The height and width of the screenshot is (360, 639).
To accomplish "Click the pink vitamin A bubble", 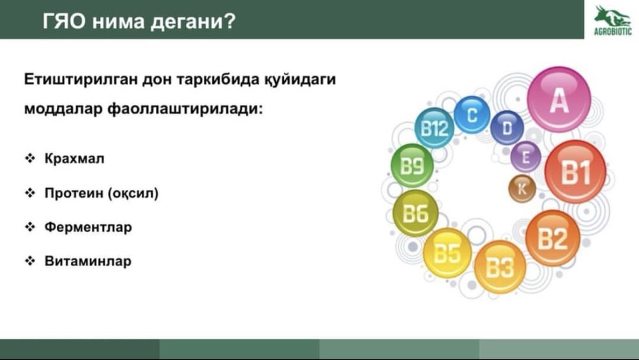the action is point(558,100).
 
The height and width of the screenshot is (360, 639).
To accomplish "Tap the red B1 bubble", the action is point(576,171).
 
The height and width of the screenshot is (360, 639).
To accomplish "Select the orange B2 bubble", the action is point(553,238).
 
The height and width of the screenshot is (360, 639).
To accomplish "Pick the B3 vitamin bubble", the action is point(500,267).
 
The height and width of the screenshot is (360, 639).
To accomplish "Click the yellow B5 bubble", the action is point(447,253).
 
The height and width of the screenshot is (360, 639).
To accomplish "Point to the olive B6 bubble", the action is point(416,213).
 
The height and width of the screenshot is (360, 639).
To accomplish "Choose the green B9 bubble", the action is point(412,166).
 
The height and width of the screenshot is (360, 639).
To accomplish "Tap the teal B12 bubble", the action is point(435,128).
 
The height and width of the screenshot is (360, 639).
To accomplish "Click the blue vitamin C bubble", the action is point(472,114).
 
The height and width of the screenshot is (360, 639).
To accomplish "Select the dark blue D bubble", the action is point(507,128).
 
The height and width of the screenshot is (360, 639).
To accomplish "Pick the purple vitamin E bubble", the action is point(526,157).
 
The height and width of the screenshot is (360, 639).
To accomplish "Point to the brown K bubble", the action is point(522,189).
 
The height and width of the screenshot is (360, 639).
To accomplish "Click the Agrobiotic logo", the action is point(613,20).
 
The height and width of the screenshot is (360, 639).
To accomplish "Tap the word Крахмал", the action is point(74,158).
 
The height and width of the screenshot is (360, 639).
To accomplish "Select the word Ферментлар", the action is point(88,227).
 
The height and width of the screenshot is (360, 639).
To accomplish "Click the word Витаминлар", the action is point(88,261).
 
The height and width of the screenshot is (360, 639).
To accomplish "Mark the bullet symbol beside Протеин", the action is point(30,193).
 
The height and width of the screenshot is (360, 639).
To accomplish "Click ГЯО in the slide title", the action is point(64,21).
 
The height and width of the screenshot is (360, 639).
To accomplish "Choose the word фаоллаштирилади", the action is point(185,109).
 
